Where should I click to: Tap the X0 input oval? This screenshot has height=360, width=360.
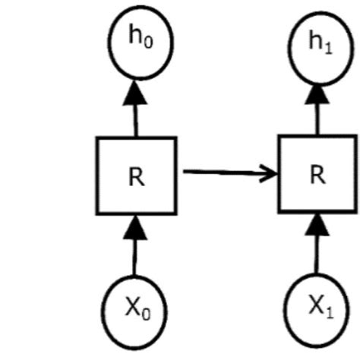[x=134, y=310]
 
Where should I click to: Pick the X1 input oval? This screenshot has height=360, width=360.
[x=317, y=308]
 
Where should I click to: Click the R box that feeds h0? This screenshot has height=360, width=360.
[x=136, y=175]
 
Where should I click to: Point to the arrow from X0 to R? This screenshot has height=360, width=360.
[x=135, y=251]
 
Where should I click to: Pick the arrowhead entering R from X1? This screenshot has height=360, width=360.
[x=317, y=223]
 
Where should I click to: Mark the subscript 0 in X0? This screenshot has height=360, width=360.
[x=144, y=314]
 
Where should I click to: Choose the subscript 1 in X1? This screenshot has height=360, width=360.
[x=327, y=311]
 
